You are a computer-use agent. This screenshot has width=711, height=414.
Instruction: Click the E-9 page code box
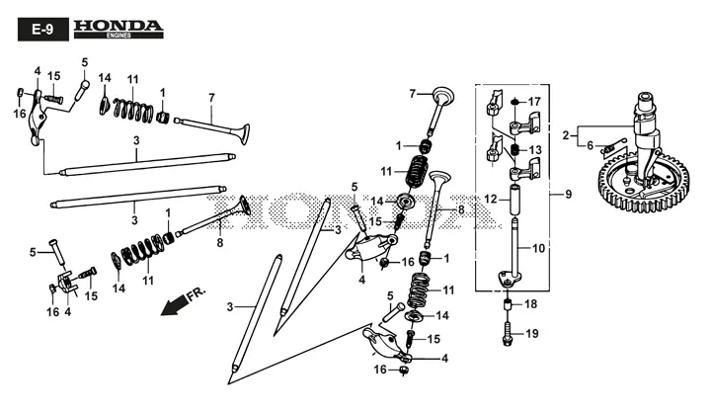click(x=43, y=30)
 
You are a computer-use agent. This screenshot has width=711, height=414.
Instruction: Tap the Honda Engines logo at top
click(x=118, y=29)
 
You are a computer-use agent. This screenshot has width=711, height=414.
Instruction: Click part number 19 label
click(x=532, y=334)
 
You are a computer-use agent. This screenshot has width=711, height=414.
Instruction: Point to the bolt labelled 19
click(x=507, y=334)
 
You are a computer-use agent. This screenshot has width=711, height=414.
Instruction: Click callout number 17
click(x=534, y=101)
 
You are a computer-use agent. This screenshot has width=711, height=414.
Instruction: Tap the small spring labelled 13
click(x=514, y=149)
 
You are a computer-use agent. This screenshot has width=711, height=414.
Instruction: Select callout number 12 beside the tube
click(x=491, y=200)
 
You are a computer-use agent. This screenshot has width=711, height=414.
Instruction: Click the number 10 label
click(x=538, y=248)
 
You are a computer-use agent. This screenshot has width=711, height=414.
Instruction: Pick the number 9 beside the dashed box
click(x=569, y=195)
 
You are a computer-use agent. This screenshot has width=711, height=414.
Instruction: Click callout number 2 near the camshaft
click(x=566, y=135)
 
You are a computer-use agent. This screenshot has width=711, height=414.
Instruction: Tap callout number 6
click(x=590, y=145)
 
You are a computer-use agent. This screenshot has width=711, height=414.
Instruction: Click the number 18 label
click(x=531, y=303)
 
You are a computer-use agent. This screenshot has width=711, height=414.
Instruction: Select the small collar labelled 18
click(x=508, y=303)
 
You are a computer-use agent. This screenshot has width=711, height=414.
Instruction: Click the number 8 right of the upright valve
click(x=461, y=210)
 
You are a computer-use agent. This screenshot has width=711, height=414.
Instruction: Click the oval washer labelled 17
click(x=514, y=101)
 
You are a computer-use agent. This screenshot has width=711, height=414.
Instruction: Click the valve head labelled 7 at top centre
click(x=443, y=96)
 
